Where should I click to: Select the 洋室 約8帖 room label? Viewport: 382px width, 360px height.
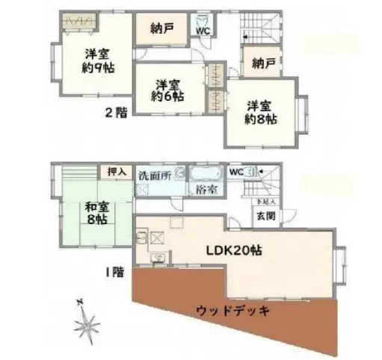pos(262,111)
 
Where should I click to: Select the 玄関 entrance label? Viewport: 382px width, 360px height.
pos(265,215)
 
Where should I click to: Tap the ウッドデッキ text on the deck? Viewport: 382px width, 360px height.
pos(232,308)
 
